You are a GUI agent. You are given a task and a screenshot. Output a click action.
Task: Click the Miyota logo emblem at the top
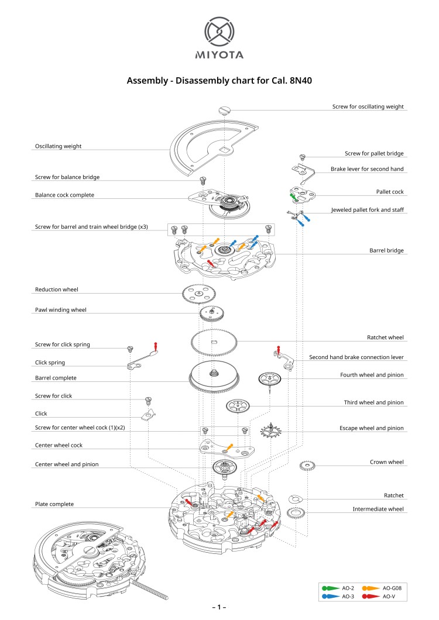click(219, 33)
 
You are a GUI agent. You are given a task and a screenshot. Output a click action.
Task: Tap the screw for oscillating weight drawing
click(226, 109)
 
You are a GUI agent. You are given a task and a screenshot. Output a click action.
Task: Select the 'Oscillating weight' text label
click(58, 146)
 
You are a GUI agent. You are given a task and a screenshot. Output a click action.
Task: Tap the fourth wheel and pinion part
click(270, 379)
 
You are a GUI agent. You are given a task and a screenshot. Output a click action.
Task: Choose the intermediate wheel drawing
click(297, 514)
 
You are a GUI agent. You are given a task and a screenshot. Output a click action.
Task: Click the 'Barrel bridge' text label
click(386, 250)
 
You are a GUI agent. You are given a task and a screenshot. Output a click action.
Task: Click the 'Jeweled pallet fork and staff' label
click(367, 209)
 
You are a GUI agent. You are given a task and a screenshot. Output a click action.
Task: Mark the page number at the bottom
click(219, 607)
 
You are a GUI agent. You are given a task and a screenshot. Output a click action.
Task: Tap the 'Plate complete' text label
click(54, 504)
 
